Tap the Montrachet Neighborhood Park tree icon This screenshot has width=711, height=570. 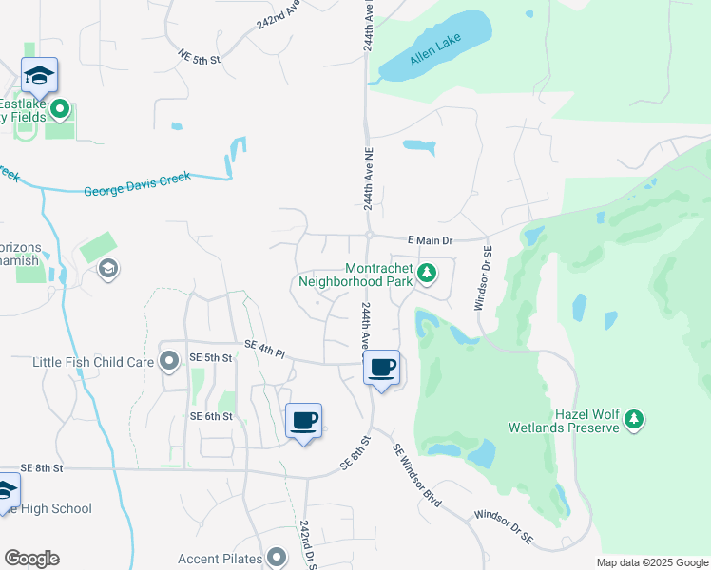pos(428,274)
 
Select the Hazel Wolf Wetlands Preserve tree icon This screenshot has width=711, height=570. pos(634,418)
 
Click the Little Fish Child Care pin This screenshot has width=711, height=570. pos(170,361)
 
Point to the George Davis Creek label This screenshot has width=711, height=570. pos(137,183)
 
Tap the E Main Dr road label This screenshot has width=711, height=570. pos(430,241)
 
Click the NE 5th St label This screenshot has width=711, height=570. pos(199,59)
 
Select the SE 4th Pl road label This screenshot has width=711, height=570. pos(264,349)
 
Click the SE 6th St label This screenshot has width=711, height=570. pos(211,416)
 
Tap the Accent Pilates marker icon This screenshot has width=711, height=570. pos(277,557)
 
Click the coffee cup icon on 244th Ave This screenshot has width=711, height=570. pos(382,368)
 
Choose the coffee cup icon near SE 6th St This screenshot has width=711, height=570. pos(304,420)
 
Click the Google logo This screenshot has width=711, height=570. pos(31,559)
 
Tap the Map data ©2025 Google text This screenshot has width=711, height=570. pos(653,562)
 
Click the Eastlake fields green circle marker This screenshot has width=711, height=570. pos(61,110)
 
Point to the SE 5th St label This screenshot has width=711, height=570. pos(211,357)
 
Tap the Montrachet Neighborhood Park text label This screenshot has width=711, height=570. pos(355,275)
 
